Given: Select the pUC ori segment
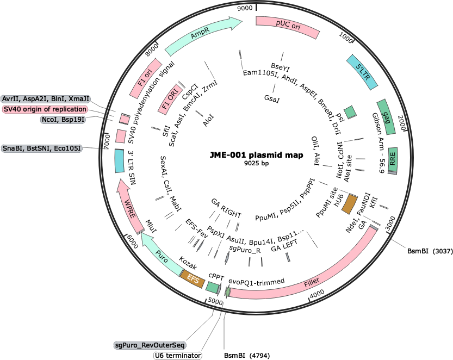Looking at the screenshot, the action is click(288, 26).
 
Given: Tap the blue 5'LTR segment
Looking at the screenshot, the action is click(362, 72).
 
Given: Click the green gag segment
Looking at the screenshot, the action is click(386, 117).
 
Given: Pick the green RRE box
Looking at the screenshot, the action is click(393, 160).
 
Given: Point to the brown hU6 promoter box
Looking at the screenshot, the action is click(350, 204).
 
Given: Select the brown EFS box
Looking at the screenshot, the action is click(193, 279).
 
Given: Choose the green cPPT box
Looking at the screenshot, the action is click(214, 287).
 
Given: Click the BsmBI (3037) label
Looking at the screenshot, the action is click(430, 251).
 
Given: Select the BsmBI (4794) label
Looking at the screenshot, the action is click(247, 355).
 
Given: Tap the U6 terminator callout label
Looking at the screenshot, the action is click(178, 355).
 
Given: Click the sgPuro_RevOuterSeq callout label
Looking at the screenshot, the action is click(150, 345).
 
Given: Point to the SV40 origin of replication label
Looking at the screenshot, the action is click(45, 109).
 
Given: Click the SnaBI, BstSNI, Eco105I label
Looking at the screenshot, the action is click(42, 148).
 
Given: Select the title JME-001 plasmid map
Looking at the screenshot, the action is click(257, 155).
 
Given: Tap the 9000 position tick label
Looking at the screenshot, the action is click(245, 8).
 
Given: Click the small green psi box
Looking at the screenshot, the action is click(351, 111).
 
